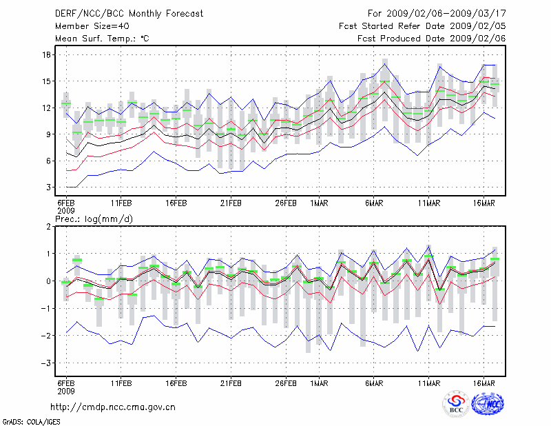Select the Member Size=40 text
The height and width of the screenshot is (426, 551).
[x=87, y=26]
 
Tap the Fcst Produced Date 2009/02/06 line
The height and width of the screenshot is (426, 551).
[x=431, y=39]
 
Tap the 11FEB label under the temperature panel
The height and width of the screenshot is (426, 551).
[x=121, y=203]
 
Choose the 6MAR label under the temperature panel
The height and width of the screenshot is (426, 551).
[x=374, y=203]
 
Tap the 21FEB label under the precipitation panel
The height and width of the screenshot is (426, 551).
[x=231, y=382]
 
